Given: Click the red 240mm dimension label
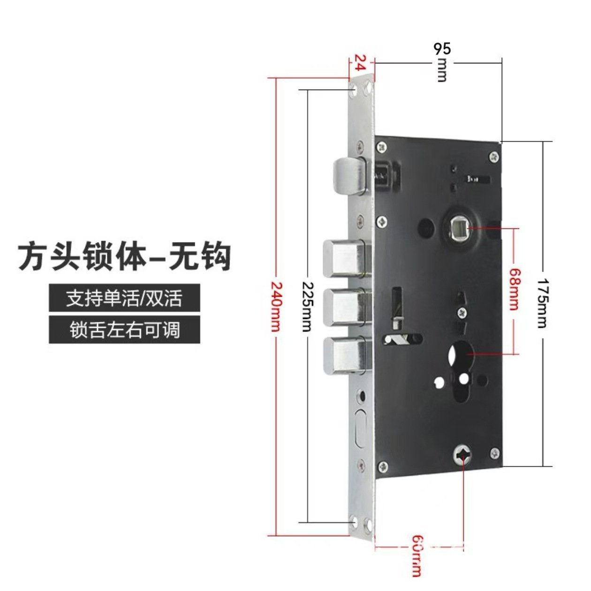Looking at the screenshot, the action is coord(275,305).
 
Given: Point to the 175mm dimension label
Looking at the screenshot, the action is coord(543,303).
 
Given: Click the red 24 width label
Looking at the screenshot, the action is coord(360,62).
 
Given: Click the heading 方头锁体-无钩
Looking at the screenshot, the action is coord(124,256).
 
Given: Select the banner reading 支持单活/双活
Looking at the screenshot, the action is coord(124,298).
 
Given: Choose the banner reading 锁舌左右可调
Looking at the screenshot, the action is coord(124,329).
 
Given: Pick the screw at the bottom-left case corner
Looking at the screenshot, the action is coord(383,467).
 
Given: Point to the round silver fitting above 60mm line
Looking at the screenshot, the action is coord(462,454).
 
